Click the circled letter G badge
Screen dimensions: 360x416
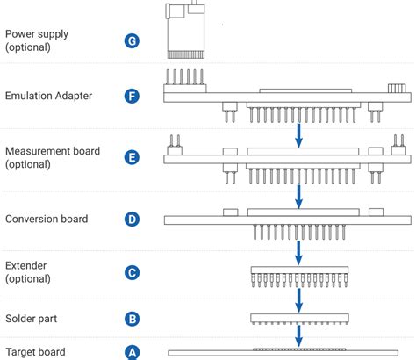coord(133,40)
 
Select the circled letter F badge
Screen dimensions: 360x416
coord(133,96)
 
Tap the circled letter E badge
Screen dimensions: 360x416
coord(133,158)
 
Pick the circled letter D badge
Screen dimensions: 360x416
coord(133,219)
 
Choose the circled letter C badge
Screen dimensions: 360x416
coord(133,272)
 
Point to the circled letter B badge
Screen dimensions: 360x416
coord(133,318)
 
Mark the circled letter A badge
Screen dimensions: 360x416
coord(133,352)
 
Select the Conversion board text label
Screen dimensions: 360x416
coord(46,219)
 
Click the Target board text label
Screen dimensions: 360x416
coord(35,352)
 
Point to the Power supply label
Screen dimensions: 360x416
coord(36,40)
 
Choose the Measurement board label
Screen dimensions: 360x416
coord(53,158)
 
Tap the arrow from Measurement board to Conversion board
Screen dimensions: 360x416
coord(298,195)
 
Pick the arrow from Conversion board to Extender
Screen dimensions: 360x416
coord(298,252)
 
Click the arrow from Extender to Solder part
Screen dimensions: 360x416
coord(298,300)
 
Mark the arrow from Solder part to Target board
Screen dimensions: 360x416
coord(298,336)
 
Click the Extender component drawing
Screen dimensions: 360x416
coord(298,277)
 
